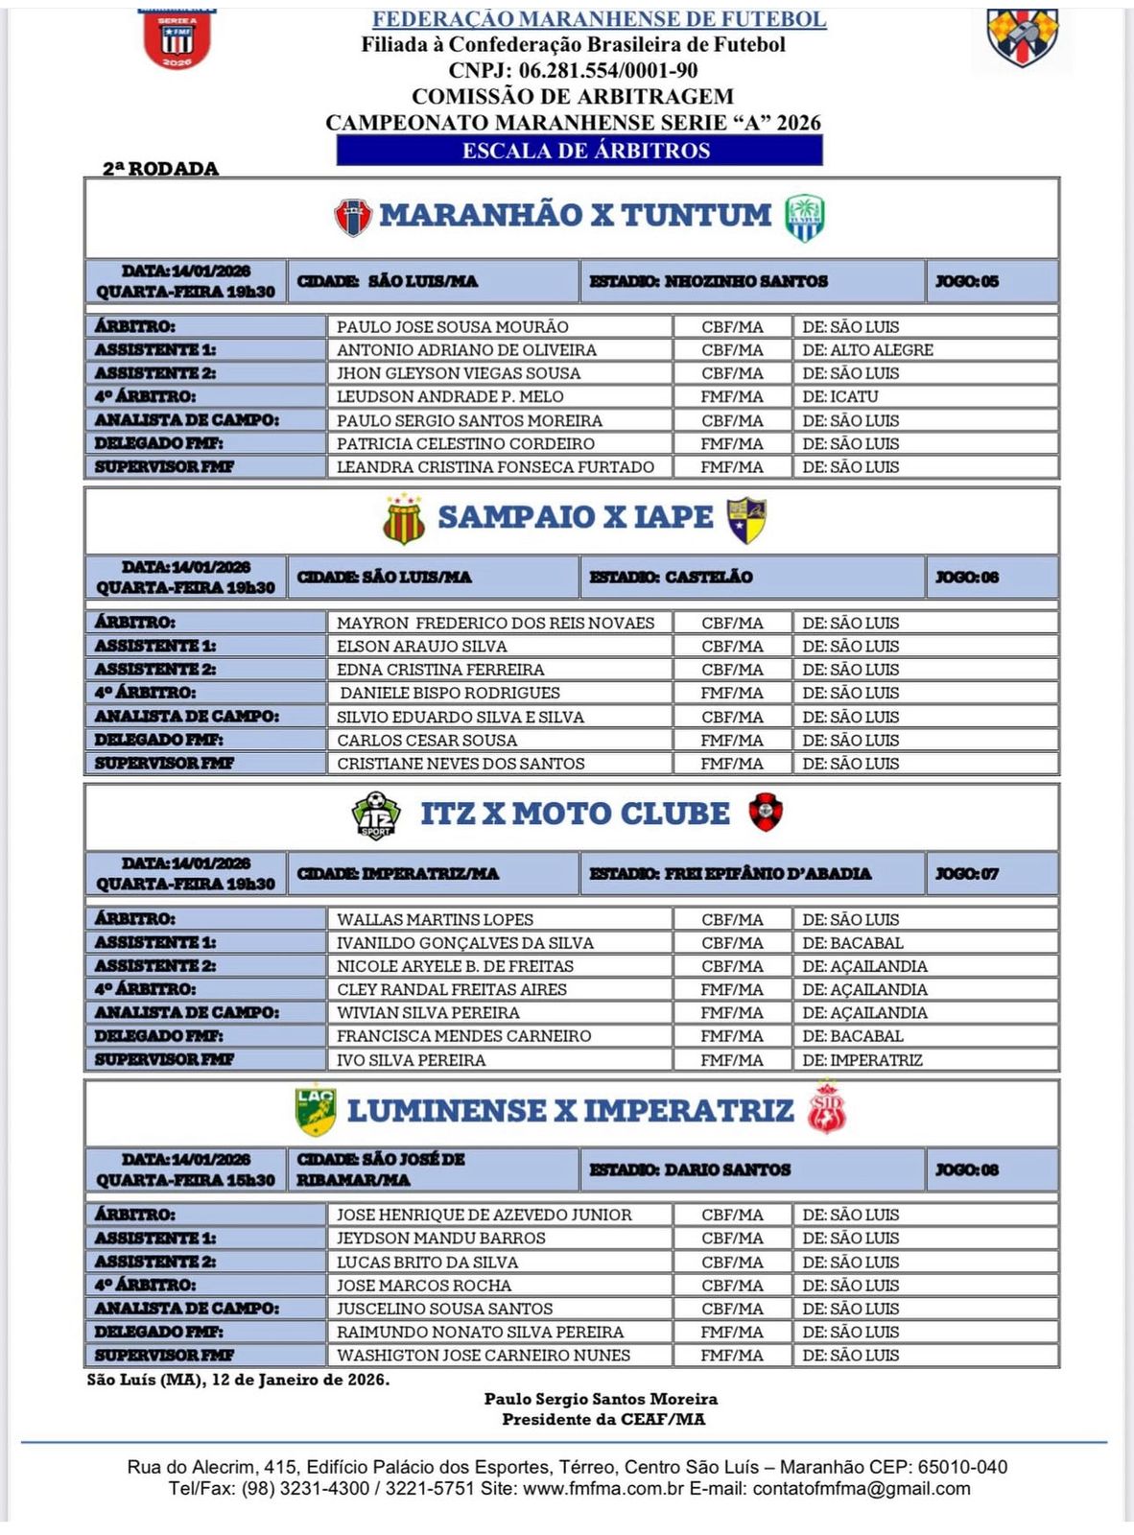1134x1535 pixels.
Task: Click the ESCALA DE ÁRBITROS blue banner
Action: (579, 151)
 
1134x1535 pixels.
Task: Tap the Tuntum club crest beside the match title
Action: (804, 218)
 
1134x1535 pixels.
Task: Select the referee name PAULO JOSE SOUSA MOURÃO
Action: (452, 327)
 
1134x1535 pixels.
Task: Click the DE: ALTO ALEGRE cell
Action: (867, 350)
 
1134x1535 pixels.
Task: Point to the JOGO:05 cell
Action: (967, 281)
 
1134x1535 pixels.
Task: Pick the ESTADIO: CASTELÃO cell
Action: (671, 578)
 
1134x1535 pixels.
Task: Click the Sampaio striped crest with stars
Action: (404, 519)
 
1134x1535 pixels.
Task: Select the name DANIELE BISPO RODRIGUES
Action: (450, 693)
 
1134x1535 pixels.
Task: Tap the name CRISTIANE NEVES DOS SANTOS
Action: (461, 764)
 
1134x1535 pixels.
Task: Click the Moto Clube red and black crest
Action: (765, 812)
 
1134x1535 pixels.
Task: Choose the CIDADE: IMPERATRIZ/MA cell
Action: (398, 874)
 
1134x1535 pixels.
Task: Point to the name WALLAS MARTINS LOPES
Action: (435, 919)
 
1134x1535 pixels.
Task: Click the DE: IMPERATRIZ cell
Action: (862, 1060)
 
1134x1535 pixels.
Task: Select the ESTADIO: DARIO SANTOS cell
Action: (690, 1169)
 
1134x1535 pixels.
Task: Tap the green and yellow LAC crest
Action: (315, 1110)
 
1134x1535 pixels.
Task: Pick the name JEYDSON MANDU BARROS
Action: (440, 1239)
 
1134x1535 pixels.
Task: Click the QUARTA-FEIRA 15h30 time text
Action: (185, 1180)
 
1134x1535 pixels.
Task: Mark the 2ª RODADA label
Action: (161, 169)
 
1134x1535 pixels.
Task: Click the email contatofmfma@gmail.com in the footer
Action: (862, 1489)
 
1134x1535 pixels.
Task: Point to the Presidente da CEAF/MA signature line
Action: (602, 1420)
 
